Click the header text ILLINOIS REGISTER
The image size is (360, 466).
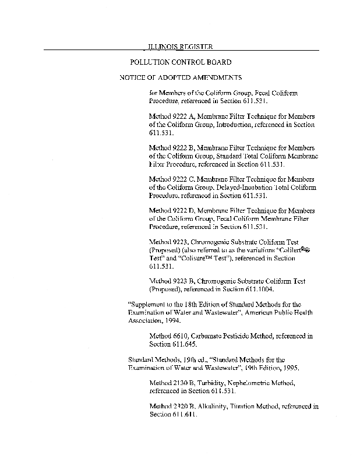[x=179, y=46]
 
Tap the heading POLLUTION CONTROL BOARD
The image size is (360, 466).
[x=180, y=62]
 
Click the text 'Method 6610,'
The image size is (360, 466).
[x=169, y=336]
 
